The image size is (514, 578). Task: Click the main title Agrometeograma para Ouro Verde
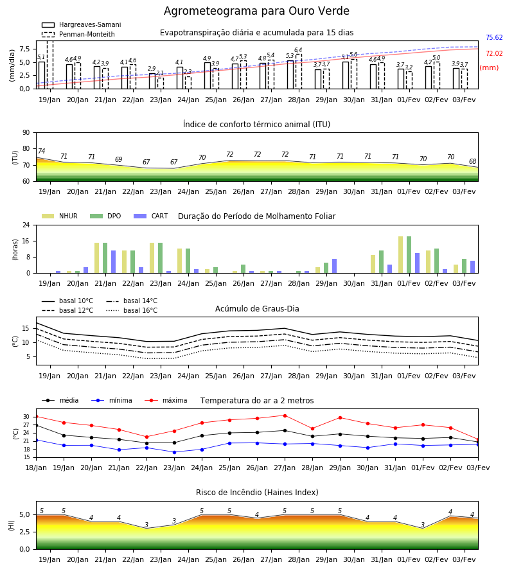(x=256, y=11)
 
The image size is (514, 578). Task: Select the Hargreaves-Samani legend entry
(x=82, y=24)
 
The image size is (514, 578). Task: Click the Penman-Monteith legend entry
(x=78, y=34)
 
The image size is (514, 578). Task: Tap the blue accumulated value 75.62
(x=494, y=38)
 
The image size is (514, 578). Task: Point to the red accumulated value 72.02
(x=494, y=54)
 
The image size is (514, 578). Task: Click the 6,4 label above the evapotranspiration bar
(x=298, y=50)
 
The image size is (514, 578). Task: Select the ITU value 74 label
(x=41, y=151)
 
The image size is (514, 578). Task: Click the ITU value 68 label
(x=472, y=161)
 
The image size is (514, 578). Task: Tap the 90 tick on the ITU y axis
(x=26, y=133)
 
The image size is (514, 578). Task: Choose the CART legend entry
(x=151, y=216)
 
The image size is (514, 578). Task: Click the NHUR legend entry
(x=60, y=216)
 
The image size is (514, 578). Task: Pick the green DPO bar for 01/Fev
(x=409, y=255)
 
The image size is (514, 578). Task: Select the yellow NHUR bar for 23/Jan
(x=152, y=258)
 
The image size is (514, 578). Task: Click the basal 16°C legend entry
(x=132, y=311)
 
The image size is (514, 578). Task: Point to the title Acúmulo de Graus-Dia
(x=257, y=309)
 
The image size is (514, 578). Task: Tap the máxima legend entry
(x=166, y=400)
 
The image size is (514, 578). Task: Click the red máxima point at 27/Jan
(x=285, y=416)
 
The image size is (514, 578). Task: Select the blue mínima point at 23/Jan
(x=174, y=452)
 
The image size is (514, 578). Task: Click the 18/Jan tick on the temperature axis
(x=36, y=468)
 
